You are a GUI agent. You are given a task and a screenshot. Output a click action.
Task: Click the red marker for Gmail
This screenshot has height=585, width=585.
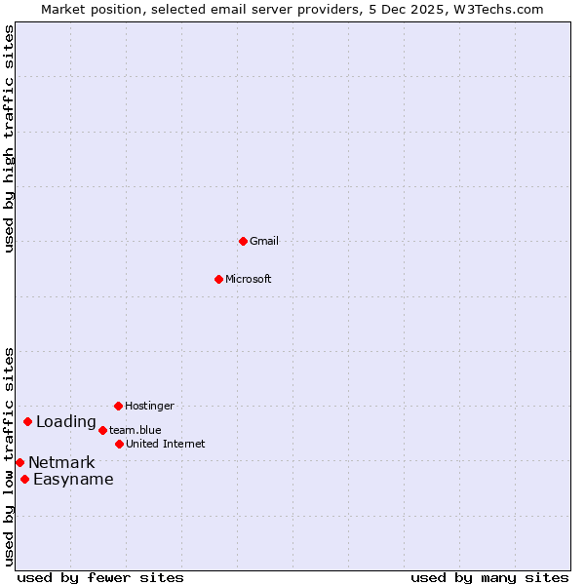pyautogui.click(x=243, y=241)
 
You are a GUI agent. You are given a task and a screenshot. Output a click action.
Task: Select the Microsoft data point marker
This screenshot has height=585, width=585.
pyautogui.click(x=218, y=279)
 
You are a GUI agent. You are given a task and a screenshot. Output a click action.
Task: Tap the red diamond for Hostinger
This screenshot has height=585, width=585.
pyautogui.click(x=118, y=406)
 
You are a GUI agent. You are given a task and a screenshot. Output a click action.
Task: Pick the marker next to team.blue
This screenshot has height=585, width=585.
pyautogui.click(x=102, y=430)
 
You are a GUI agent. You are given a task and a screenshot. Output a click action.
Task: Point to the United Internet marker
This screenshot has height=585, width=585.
pyautogui.click(x=119, y=444)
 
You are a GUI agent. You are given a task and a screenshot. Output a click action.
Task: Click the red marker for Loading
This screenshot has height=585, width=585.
pyautogui.click(x=27, y=421)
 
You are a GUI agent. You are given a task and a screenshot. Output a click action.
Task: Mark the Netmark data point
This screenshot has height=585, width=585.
pyautogui.click(x=19, y=462)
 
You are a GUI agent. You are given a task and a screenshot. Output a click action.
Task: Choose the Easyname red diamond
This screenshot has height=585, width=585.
pyautogui.click(x=24, y=479)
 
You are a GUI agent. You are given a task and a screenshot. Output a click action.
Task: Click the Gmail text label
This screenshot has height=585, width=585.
pyautogui.click(x=264, y=241)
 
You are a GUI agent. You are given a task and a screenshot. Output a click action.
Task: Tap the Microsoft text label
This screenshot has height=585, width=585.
pyautogui.click(x=249, y=279)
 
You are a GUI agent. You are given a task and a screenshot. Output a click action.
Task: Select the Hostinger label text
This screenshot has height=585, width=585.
pyautogui.click(x=149, y=406)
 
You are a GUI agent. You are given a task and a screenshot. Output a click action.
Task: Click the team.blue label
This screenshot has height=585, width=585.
pyautogui.click(x=136, y=430)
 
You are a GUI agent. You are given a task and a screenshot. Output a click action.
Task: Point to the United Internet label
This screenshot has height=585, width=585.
pyautogui.click(x=166, y=444)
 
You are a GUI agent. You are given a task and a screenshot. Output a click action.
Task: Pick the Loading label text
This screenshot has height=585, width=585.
pyautogui.click(x=66, y=422)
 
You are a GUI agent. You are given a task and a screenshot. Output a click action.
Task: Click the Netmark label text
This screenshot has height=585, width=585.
pyautogui.click(x=61, y=463)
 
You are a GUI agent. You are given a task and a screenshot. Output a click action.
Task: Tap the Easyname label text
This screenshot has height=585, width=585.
pyautogui.click(x=73, y=480)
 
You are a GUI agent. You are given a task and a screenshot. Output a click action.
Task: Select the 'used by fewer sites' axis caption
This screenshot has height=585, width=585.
pyautogui.click(x=100, y=577)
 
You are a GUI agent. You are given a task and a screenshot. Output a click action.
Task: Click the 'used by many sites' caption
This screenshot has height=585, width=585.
pyautogui.click(x=489, y=577)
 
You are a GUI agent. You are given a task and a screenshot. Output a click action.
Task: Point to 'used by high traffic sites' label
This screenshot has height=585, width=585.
pyautogui.click(x=9, y=138)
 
